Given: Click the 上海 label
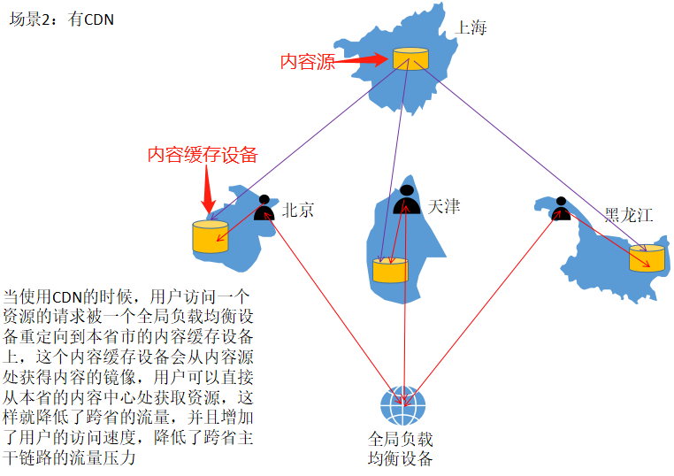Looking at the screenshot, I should pos(471,27).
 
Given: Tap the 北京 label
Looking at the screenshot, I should pos(298,210).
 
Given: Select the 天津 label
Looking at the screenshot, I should pos(443,206).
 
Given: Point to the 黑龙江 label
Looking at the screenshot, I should pos(628,215).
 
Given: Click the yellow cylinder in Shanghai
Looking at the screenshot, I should pos(410,58).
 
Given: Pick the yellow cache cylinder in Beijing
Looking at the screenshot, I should pos(210,235).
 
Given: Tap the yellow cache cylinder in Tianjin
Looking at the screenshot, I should pos(390,270).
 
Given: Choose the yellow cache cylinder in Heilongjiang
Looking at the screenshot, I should pos(647,257).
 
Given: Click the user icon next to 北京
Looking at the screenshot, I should pos(264,209).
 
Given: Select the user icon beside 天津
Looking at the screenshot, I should pos(406,200).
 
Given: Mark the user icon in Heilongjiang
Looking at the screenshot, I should pos(560,210).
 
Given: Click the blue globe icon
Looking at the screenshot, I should pos(402,407).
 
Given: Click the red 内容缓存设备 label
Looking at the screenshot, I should pos(203,155).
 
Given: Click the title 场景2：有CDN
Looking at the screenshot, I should pos(61,19).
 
